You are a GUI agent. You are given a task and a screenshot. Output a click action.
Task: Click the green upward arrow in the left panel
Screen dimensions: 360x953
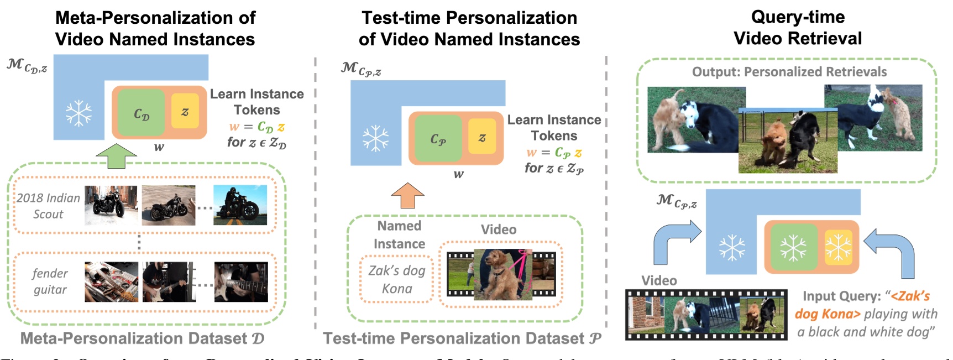click(116, 156)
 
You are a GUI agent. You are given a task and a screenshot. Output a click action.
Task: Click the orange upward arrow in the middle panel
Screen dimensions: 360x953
click(407, 195)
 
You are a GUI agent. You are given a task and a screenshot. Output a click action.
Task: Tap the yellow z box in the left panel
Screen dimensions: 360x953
click(185, 112)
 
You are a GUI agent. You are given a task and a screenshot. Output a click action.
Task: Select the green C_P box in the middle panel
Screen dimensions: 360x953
click(438, 139)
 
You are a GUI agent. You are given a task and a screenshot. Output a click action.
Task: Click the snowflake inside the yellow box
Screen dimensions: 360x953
click(838, 247)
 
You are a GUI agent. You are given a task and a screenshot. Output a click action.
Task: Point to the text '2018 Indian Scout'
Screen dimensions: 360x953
click(48, 206)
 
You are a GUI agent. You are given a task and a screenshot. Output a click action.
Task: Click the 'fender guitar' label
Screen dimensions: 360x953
click(50, 281)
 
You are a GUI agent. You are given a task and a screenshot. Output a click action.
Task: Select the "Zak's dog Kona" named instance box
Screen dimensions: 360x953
click(396, 279)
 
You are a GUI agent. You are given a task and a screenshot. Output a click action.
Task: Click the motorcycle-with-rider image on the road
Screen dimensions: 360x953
click(240, 205)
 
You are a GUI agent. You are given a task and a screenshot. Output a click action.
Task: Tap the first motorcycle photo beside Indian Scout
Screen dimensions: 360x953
click(111, 205)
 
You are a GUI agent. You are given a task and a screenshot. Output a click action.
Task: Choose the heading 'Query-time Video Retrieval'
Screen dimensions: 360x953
click(797, 28)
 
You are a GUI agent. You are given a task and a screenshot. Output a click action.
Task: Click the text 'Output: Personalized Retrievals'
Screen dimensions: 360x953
click(789, 72)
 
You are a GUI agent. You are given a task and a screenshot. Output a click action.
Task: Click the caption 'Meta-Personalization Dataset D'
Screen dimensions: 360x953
click(142, 338)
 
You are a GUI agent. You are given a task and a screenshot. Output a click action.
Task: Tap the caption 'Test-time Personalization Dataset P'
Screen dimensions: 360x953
click(462, 338)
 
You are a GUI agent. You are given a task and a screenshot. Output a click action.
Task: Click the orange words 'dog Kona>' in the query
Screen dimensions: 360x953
click(828, 314)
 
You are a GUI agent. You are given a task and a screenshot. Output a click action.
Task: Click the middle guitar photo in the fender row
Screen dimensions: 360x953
click(169, 281)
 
